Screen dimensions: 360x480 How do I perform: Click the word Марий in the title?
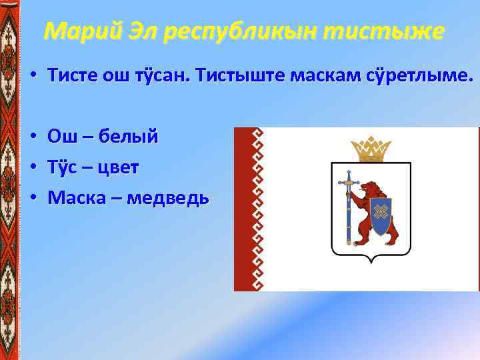pos(80,31)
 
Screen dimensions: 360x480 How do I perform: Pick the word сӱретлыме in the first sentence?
pos(418,77)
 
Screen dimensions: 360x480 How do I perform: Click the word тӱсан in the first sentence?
pos(161,77)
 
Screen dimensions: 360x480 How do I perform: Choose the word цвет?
pos(118,167)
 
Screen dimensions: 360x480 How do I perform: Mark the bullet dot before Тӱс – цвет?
pos(33,168)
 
